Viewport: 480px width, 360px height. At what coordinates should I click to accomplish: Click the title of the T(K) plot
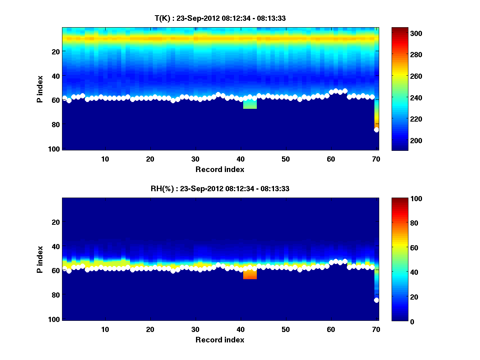tap(220, 18)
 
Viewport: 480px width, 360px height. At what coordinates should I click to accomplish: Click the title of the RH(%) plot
tap(220, 189)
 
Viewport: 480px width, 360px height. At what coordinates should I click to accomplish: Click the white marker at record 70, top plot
tap(376, 130)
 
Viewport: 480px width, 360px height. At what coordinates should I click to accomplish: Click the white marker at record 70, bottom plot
tap(376, 300)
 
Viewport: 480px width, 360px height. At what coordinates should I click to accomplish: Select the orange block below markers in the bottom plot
tap(250, 274)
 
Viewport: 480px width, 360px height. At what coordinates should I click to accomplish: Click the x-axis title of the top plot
tap(220, 169)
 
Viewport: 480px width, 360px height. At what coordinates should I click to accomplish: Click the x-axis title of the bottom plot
tap(220, 340)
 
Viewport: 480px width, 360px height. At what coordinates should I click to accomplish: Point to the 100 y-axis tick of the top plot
tap(54, 149)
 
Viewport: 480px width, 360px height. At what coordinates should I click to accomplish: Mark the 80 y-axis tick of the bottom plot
tap(56, 295)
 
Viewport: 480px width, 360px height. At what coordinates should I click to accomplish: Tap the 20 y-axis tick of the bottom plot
tap(56, 222)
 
